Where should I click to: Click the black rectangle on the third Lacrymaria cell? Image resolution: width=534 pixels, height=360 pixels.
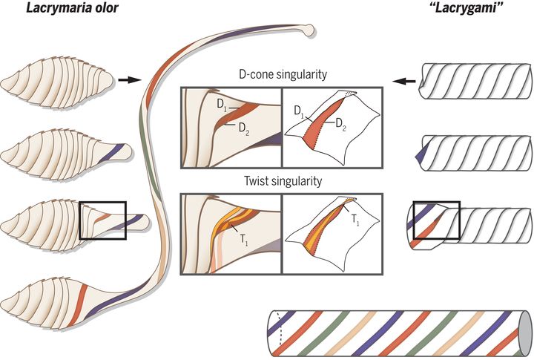[103, 220]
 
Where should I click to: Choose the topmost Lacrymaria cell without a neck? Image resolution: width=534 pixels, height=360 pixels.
[56, 81]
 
